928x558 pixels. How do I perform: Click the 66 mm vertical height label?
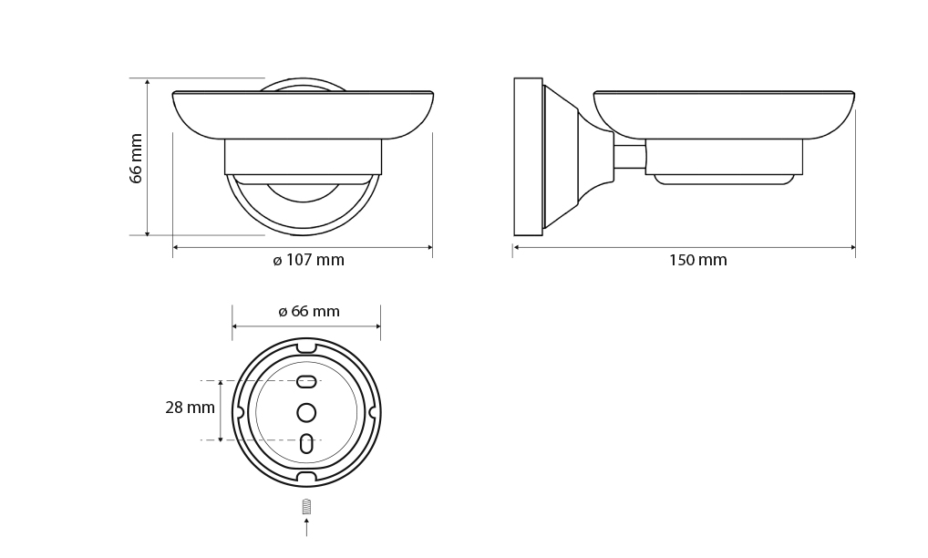click(136, 159)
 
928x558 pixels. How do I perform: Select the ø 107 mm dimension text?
click(308, 261)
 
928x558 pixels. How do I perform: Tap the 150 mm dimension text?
click(697, 261)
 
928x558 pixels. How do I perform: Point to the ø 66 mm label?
click(309, 312)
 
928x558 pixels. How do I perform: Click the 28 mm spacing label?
click(190, 408)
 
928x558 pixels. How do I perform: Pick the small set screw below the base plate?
click(306, 507)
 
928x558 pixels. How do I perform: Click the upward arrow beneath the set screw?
click(306, 527)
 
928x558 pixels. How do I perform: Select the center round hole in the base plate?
click(306, 412)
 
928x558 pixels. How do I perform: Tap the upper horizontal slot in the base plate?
click(306, 382)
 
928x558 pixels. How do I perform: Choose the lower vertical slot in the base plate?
click(306, 443)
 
